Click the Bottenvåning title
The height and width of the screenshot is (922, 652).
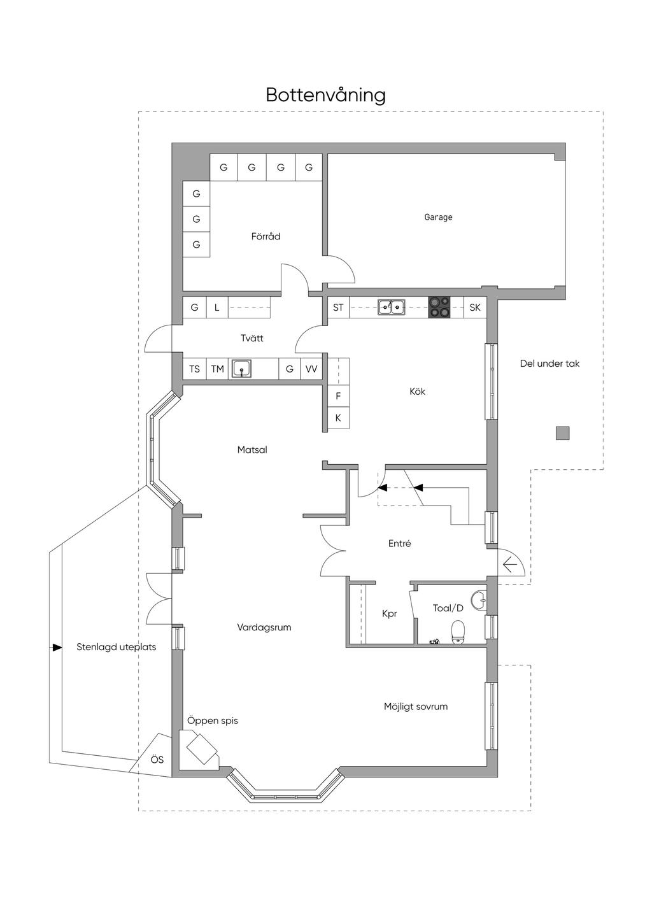click(325, 96)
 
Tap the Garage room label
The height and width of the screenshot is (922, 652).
click(438, 217)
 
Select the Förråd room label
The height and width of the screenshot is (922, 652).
click(266, 236)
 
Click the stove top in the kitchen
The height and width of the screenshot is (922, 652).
click(439, 307)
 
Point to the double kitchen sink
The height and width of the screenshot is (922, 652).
click(391, 307)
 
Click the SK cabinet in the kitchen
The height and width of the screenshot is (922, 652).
click(475, 307)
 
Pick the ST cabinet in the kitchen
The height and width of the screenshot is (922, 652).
click(338, 307)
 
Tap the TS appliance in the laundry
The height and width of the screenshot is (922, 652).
click(194, 369)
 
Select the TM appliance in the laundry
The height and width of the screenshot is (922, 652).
click(217, 369)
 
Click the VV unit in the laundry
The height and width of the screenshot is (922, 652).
click(311, 369)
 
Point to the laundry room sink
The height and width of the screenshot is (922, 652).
click(241, 369)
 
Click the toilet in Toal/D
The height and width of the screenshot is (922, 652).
click(458, 632)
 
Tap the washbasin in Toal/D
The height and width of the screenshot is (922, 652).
click(479, 600)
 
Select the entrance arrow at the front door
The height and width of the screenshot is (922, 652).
click(510, 564)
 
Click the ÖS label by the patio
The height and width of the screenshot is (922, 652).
click(157, 760)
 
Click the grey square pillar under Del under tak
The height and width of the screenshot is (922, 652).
click(563, 433)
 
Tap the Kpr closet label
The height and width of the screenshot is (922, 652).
click(390, 614)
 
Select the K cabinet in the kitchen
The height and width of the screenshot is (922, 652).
click(338, 418)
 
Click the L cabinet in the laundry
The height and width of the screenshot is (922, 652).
click(217, 307)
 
